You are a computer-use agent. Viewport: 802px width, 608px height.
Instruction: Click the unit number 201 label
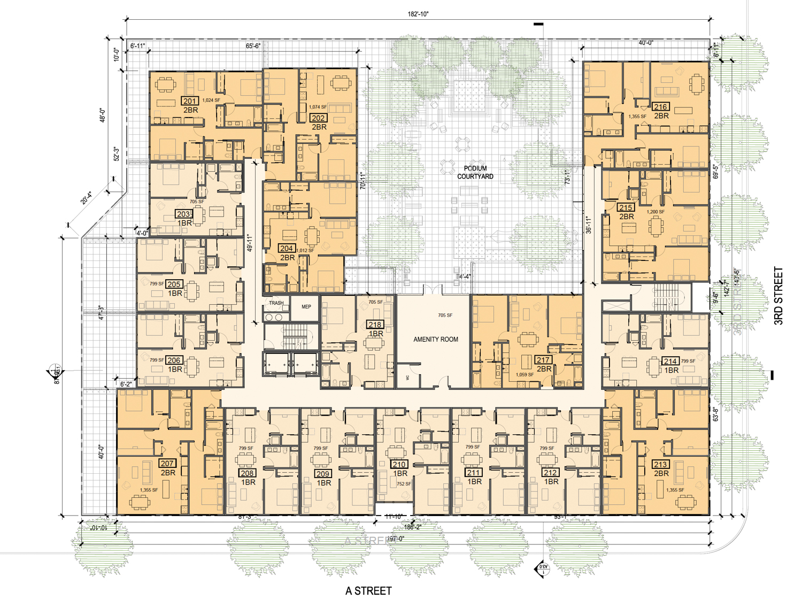coord(190,101)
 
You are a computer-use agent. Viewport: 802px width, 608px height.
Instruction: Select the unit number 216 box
coord(660,107)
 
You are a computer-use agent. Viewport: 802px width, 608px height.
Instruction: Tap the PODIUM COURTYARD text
coord(475,172)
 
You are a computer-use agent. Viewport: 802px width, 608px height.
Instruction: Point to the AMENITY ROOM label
coord(435,339)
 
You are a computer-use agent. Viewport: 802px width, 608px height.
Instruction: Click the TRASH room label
coord(276,303)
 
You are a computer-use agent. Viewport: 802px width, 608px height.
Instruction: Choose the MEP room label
coord(306,306)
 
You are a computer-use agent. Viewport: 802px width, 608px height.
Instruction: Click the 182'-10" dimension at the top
coord(418,14)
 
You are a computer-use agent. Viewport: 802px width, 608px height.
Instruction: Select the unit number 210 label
coord(399,464)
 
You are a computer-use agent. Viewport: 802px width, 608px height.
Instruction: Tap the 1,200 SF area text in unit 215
coord(656,212)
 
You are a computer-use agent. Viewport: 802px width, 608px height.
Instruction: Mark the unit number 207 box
coord(167,464)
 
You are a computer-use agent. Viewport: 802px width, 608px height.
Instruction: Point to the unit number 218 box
coord(374,325)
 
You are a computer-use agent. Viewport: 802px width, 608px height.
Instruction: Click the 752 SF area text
coord(404,484)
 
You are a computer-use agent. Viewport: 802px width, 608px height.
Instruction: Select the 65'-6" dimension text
coord(253,46)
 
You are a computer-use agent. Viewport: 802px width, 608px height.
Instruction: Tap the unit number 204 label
coord(286,248)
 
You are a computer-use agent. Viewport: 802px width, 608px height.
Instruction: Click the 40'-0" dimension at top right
coord(645,43)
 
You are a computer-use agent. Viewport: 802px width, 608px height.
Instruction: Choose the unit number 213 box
coord(660,464)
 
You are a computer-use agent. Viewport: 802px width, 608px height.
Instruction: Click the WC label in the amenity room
coord(407,378)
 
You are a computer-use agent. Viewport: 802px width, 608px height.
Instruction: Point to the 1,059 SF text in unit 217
coord(525,375)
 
